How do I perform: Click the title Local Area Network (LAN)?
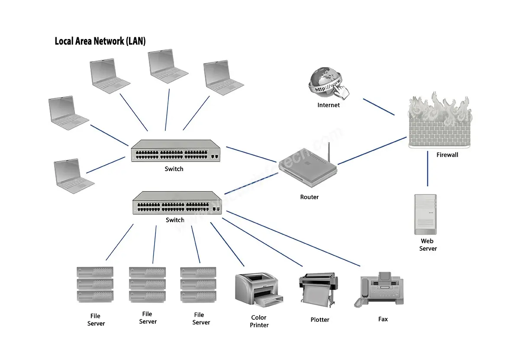(100, 41)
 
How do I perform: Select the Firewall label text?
(447, 155)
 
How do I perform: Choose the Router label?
(309, 197)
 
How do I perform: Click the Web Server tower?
(425, 214)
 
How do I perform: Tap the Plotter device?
(317, 289)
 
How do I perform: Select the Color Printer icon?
(258, 289)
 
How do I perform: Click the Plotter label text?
(320, 320)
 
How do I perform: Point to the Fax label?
(383, 319)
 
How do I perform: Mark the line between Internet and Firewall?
(379, 107)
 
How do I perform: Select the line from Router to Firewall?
(372, 151)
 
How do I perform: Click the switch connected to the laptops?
(176, 151)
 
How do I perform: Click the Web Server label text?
(428, 245)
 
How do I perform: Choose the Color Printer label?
(259, 321)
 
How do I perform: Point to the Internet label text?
(329, 105)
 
